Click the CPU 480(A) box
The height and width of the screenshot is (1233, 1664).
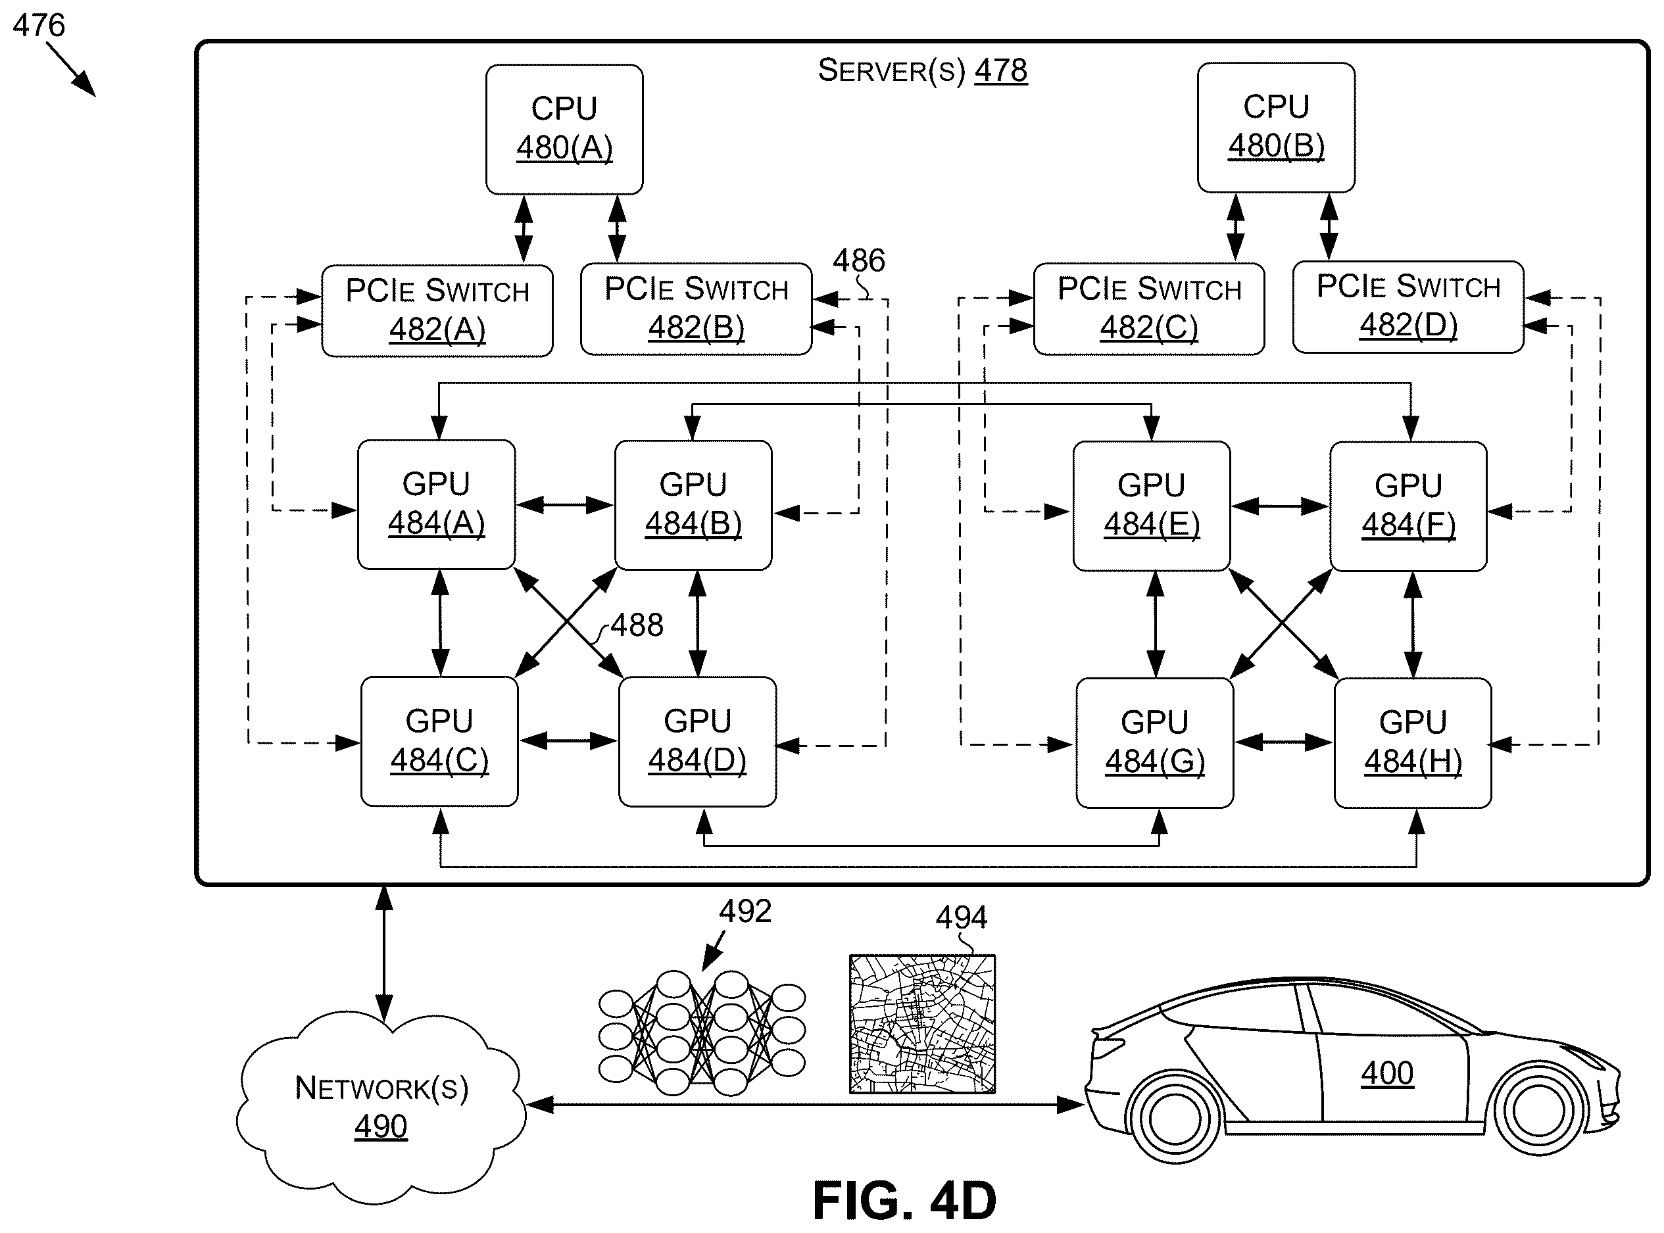coord(564,129)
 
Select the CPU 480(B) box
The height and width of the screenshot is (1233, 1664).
coord(1276,128)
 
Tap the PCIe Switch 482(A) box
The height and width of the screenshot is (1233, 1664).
coord(437,310)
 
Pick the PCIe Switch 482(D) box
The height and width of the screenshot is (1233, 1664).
coord(1408,306)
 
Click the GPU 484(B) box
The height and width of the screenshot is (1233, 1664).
coord(693,505)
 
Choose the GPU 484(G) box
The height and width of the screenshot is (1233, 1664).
coord(1154,742)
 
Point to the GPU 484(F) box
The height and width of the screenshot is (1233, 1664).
coord(1408,507)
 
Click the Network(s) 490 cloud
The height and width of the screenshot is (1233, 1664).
coord(381,1107)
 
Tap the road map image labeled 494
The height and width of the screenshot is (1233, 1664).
coord(922,1024)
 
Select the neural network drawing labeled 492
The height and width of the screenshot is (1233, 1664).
coord(702,1033)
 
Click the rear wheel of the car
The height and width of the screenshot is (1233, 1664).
coord(1176,1117)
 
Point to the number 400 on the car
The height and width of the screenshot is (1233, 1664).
coord(1387,1073)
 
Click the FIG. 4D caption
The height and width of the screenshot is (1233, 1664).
coord(904,1201)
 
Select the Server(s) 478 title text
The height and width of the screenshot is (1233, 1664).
coord(923,70)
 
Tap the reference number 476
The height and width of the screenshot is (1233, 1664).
coord(39,26)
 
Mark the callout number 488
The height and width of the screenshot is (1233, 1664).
coord(637,625)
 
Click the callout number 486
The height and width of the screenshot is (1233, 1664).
coord(858,260)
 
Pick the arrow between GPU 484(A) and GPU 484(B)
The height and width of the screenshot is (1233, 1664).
coord(564,505)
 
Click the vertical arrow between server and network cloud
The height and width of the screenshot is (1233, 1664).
coord(383,954)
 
